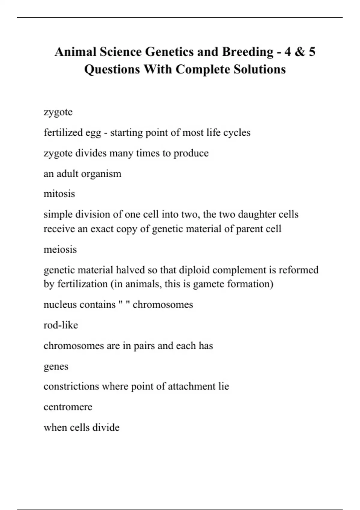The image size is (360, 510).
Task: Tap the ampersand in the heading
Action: click(x=300, y=52)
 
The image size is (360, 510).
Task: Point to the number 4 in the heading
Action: click(x=287, y=52)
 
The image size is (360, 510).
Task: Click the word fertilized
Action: click(x=63, y=132)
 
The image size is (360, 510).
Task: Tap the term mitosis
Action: click(x=59, y=194)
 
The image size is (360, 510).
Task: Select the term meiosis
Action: click(x=60, y=249)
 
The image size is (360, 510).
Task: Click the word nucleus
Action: click(x=59, y=304)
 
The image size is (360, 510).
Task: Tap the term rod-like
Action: click(x=61, y=325)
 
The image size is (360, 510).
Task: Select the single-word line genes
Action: click(x=56, y=367)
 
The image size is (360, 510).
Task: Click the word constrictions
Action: click(x=71, y=386)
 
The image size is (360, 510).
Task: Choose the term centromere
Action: click(x=68, y=407)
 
